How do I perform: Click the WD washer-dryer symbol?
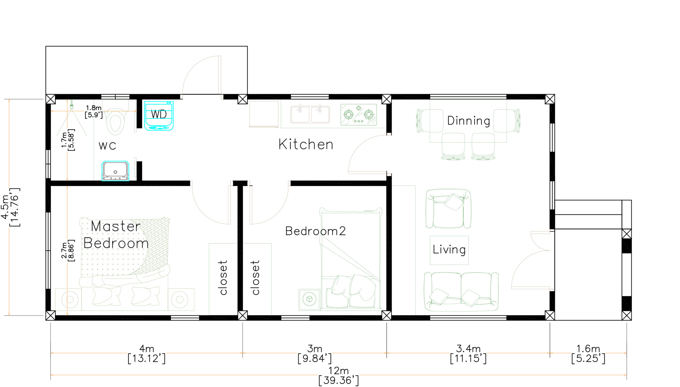pyautogui.click(x=159, y=116)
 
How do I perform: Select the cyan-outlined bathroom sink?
pyautogui.click(x=115, y=171)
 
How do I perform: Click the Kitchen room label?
pyautogui.click(x=306, y=144)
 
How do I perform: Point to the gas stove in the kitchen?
pyautogui.click(x=359, y=115)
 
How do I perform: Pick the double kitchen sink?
pyautogui.click(x=310, y=114)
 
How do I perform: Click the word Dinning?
pyautogui.click(x=469, y=121)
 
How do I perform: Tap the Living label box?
pyautogui.click(x=449, y=250)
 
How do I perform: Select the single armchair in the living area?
pyautogui.click(x=448, y=209)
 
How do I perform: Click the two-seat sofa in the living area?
pyautogui.click(x=461, y=292)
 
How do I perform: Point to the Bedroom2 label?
pyautogui.click(x=316, y=231)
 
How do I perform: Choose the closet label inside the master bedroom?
pyautogui.click(x=223, y=277)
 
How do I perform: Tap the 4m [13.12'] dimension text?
pyautogui.click(x=147, y=353)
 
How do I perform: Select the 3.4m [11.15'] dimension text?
pyautogui.click(x=468, y=353)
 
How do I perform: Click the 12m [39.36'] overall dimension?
pyautogui.click(x=339, y=376)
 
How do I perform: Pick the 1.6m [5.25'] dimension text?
pyautogui.click(x=588, y=353)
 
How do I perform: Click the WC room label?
pyautogui.click(x=108, y=146)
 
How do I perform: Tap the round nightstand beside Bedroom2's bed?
pyautogui.click(x=309, y=299)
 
